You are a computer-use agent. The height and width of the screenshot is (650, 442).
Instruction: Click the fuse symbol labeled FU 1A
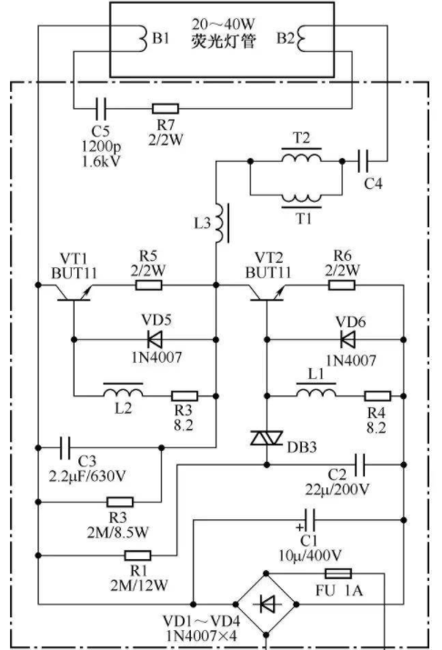338,574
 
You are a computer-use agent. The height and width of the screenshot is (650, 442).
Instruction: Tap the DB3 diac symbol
266,438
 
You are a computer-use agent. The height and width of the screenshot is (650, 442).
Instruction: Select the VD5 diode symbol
155,339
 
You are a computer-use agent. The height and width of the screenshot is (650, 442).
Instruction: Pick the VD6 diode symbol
348,339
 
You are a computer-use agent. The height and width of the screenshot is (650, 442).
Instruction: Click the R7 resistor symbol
165,108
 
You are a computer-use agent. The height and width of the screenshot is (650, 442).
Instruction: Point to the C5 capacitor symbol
101,108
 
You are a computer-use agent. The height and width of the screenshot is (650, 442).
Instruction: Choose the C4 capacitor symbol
363,161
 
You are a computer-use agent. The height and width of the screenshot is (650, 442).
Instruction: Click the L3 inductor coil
221,223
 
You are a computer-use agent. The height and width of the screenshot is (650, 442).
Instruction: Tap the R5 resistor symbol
149,285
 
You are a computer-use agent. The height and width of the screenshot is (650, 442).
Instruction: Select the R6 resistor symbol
342,285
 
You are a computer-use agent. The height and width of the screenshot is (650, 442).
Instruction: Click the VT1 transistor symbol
74,294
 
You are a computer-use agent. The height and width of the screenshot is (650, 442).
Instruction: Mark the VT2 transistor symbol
266,294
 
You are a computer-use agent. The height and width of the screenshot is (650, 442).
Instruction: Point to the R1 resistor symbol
137,555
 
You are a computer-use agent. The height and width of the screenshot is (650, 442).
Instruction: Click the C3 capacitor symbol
65,447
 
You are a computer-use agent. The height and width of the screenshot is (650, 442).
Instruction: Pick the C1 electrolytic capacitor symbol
309,520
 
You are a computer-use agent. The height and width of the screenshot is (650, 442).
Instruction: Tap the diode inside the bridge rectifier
267,604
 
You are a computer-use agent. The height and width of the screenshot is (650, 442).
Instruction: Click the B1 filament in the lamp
142,38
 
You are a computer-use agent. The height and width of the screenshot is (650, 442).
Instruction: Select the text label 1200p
101,146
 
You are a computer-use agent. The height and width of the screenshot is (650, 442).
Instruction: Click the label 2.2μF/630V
87,475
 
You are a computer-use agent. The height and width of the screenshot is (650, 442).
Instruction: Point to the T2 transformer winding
301,155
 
